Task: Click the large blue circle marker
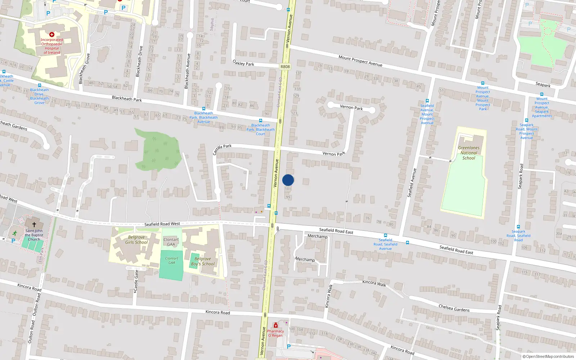[288, 180]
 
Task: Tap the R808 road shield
[285, 67]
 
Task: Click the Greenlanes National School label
[469, 153]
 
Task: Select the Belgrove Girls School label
[136, 240]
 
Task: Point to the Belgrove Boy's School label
[203, 261]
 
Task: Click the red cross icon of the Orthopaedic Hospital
[52, 35]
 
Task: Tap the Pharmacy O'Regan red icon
[276, 325]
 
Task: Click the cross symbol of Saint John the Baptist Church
[34, 224]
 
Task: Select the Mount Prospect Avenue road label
[360, 60]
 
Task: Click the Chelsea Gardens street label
[454, 308]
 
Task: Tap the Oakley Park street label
[243, 63]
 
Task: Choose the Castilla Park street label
[222, 148]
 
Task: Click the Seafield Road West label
[162, 224]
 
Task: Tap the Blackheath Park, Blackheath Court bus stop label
[261, 130]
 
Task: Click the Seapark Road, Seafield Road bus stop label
[518, 236]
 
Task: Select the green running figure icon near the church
[14, 233]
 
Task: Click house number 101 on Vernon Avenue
[288, 189]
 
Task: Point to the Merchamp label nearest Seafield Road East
[318, 236]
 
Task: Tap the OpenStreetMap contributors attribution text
[550, 357]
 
